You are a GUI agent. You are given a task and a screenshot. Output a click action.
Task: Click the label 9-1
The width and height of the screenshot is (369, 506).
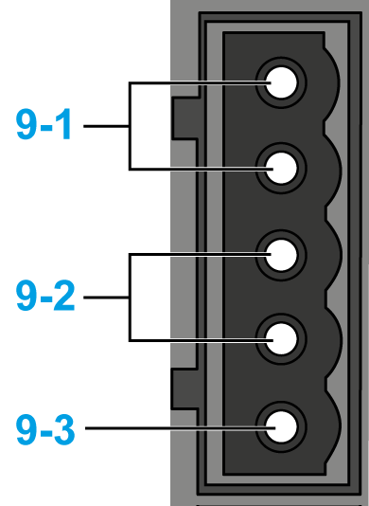point(44,124)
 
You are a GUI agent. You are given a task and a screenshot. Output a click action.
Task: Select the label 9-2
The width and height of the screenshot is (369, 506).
point(45,296)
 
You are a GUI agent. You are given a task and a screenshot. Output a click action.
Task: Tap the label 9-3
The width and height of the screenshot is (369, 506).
point(45,430)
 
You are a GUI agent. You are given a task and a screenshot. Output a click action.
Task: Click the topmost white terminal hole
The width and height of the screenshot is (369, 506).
point(281,82)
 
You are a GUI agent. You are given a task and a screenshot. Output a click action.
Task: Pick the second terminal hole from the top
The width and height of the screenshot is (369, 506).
point(281,168)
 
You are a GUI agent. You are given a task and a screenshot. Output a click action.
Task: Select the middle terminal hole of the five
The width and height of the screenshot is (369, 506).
point(281,255)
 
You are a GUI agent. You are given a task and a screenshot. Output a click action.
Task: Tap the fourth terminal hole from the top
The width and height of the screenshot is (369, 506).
point(281,339)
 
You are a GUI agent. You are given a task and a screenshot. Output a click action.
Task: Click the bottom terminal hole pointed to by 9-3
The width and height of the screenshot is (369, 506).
point(281,426)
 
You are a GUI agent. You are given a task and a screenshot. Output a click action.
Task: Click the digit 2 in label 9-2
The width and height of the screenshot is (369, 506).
point(64,296)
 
